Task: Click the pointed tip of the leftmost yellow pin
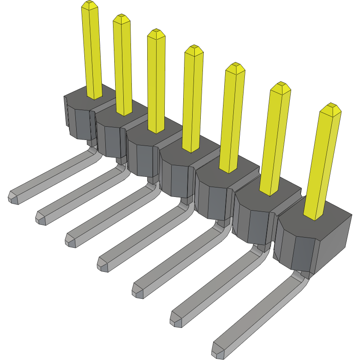point(89,5)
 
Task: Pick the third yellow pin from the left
point(156,81)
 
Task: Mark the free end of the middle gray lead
point(103,263)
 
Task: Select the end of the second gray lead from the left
point(41,217)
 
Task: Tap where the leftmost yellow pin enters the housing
point(95,96)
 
